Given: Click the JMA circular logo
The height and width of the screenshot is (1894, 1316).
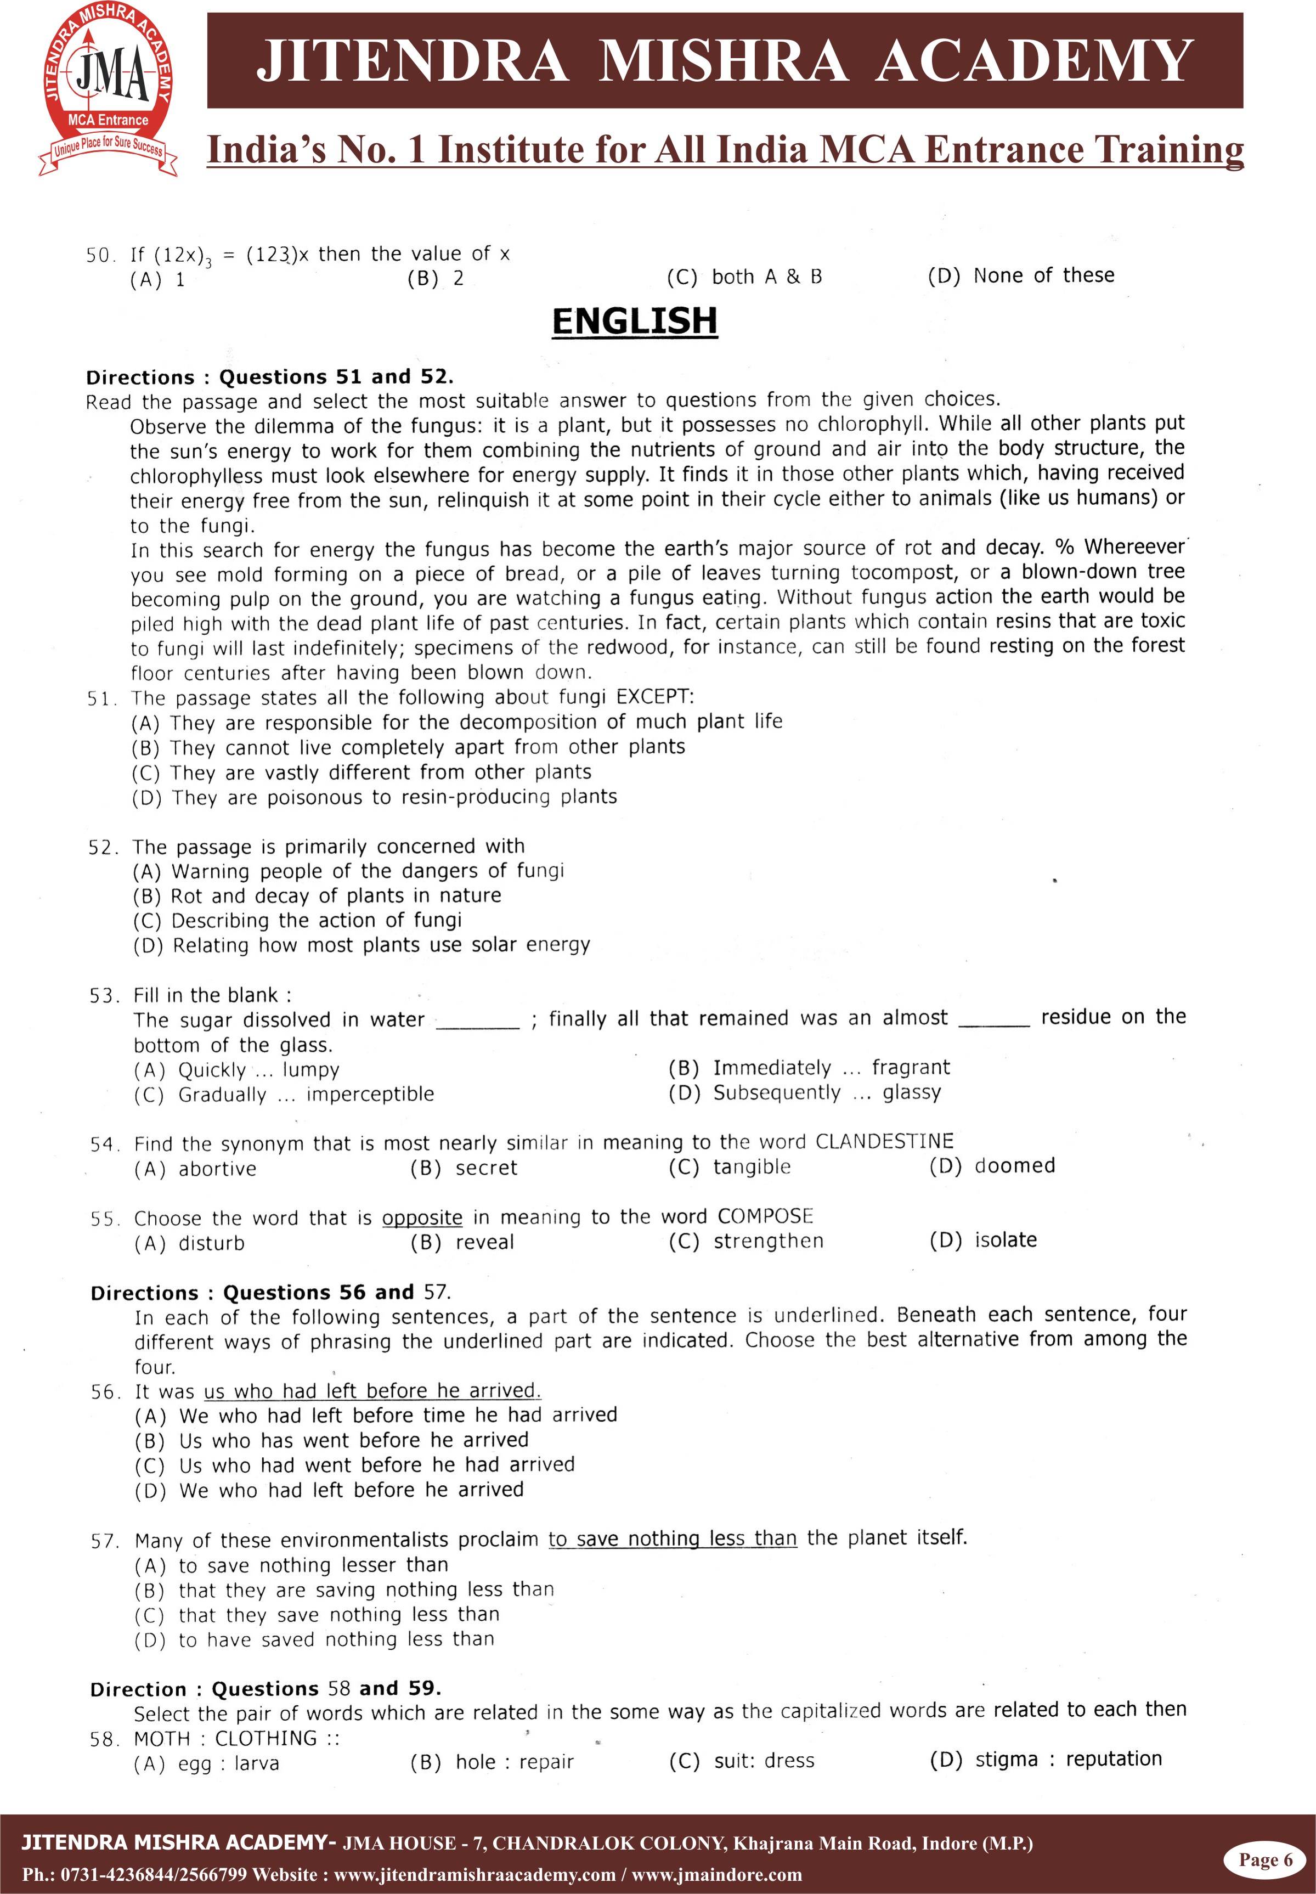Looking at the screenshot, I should (x=108, y=89).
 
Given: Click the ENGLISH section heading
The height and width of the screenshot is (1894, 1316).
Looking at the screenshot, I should (x=634, y=321).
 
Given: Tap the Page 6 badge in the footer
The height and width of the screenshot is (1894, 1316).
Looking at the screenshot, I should (x=1265, y=1859).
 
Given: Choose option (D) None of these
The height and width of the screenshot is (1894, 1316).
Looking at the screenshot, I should (x=1021, y=275).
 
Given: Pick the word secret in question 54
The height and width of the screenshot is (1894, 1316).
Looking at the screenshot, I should (x=487, y=1168).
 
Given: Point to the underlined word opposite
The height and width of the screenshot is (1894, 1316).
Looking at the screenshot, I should (x=422, y=1218).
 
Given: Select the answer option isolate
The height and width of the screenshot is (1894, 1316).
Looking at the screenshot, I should (x=1005, y=1239).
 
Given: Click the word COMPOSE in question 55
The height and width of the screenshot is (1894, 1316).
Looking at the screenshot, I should (x=765, y=1216).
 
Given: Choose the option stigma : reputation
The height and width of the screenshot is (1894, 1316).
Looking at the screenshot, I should (x=1068, y=1759).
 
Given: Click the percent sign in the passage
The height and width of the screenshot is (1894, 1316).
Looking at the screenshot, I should (x=1065, y=548).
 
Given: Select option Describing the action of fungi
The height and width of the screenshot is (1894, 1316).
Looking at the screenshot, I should (x=317, y=920).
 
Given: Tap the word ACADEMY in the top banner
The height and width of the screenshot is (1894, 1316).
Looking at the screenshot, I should (x=1035, y=60).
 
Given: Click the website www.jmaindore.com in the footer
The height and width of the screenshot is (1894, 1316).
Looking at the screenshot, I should (x=716, y=1874).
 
